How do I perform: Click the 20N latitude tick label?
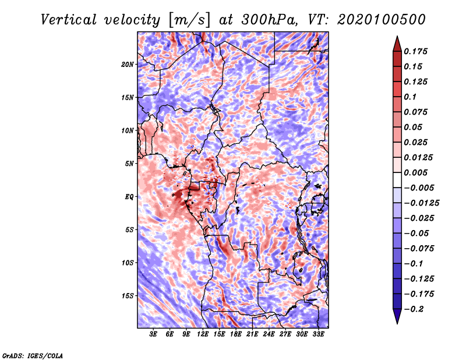[x=128, y=64]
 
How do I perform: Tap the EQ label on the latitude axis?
[x=129, y=196]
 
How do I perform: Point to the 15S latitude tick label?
[x=128, y=296]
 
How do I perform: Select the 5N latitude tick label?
[x=129, y=164]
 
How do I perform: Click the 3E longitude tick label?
[x=153, y=334]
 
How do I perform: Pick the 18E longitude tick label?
[x=236, y=334]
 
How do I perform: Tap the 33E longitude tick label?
[x=318, y=334]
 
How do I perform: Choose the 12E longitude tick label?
[x=203, y=334]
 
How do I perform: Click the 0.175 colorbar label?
[x=416, y=51]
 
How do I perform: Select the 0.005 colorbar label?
[x=416, y=172]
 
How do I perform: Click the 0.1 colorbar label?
[x=410, y=97]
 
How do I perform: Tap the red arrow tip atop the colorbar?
[x=397, y=36]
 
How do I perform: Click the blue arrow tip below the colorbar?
[x=397, y=323]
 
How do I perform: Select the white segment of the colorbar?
[x=397, y=180]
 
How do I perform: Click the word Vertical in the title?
[x=69, y=20]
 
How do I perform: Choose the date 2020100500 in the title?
[x=382, y=20]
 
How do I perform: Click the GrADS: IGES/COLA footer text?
[x=33, y=355]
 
